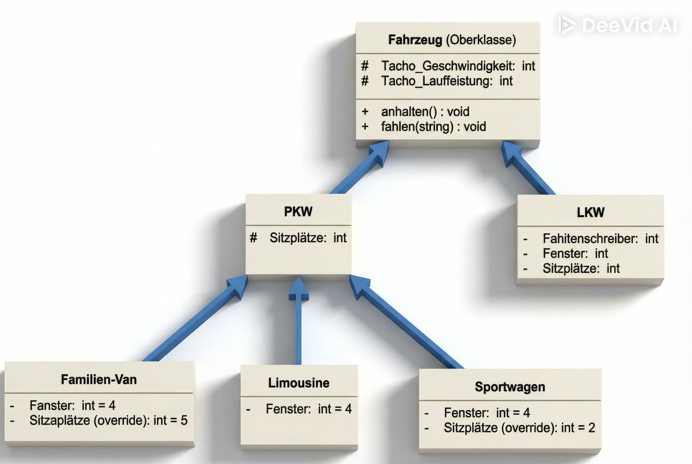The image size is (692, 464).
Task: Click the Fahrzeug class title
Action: click(x=452, y=40)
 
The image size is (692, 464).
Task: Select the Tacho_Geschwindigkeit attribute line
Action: click(x=458, y=66)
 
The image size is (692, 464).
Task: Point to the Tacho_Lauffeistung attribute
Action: click(x=446, y=81)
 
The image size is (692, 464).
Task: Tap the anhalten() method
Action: click(x=425, y=112)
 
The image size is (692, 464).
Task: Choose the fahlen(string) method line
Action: click(x=433, y=127)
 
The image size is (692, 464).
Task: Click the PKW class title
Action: click(x=298, y=211)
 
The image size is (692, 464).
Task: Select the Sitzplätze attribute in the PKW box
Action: click(x=308, y=238)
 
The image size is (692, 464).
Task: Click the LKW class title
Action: click(x=590, y=212)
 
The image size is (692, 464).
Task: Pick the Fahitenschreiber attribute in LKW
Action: click(x=600, y=238)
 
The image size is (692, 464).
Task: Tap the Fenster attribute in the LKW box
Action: click(x=575, y=253)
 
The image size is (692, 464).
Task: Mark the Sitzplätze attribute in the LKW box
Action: click(x=581, y=269)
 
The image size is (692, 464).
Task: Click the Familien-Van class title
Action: click(x=99, y=380)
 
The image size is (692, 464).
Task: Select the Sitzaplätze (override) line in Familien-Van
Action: click(x=108, y=420)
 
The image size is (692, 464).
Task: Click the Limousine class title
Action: click(x=298, y=383)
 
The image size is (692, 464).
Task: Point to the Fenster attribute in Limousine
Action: click(x=308, y=409)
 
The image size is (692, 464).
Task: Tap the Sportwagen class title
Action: click(x=509, y=387)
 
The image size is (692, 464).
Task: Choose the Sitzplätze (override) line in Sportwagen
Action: click(x=519, y=428)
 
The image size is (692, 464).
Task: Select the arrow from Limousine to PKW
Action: click(x=298, y=329)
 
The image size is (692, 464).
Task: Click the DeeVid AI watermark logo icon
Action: click(x=566, y=25)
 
